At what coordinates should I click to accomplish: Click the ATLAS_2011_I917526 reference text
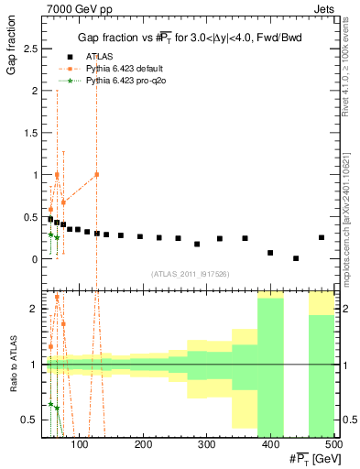190,273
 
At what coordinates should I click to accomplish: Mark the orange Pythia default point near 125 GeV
96,174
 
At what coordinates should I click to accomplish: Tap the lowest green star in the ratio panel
57,409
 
